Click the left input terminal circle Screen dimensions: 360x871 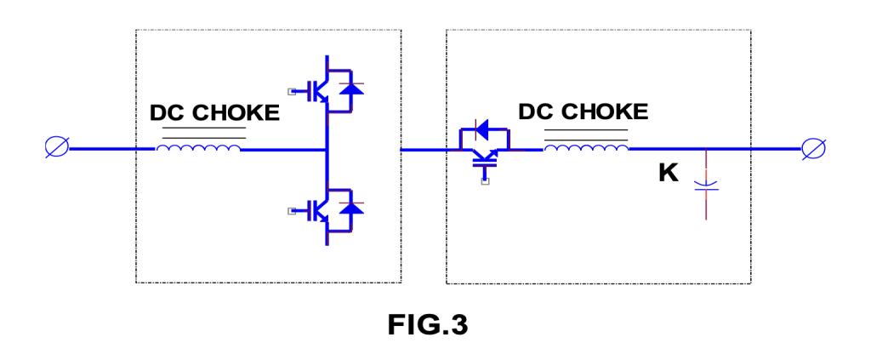tap(56, 148)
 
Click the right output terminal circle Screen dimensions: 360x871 tap(812, 148)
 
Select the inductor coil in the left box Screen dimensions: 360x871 tap(198, 149)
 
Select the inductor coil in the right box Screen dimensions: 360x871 tap(586, 149)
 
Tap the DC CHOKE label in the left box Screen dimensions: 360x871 tap(214, 113)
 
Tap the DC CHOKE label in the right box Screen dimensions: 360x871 tap(583, 111)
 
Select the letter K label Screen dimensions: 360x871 tap(669, 174)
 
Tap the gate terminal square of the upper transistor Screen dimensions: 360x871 tap(291, 90)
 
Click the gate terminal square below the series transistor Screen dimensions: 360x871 tap(484, 180)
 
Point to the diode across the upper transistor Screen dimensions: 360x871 tap(352, 89)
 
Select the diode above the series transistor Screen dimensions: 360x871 tap(483, 130)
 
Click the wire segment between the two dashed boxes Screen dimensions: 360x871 tap(424, 149)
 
